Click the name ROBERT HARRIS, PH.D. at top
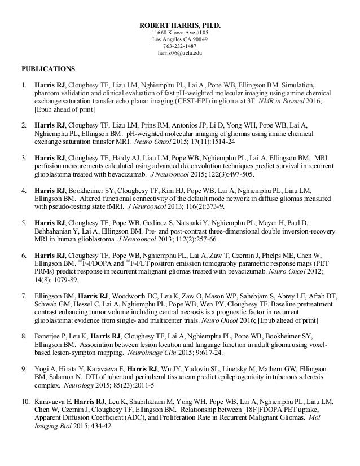(180, 25)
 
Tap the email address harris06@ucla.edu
(180, 55)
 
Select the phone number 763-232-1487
(180, 48)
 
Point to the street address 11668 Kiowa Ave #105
(180, 33)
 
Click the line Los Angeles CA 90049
(180, 41)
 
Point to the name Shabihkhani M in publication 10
(134, 401)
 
